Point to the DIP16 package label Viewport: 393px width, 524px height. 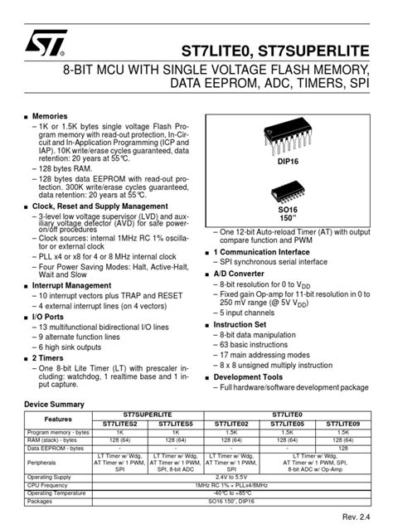pyautogui.click(x=287, y=163)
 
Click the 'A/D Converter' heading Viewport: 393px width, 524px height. pyautogui.click(x=240, y=272)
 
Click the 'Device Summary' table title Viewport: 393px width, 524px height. pyautogui.click(x=55, y=404)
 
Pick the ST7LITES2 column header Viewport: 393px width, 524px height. pyautogui.click(x=121, y=424)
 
